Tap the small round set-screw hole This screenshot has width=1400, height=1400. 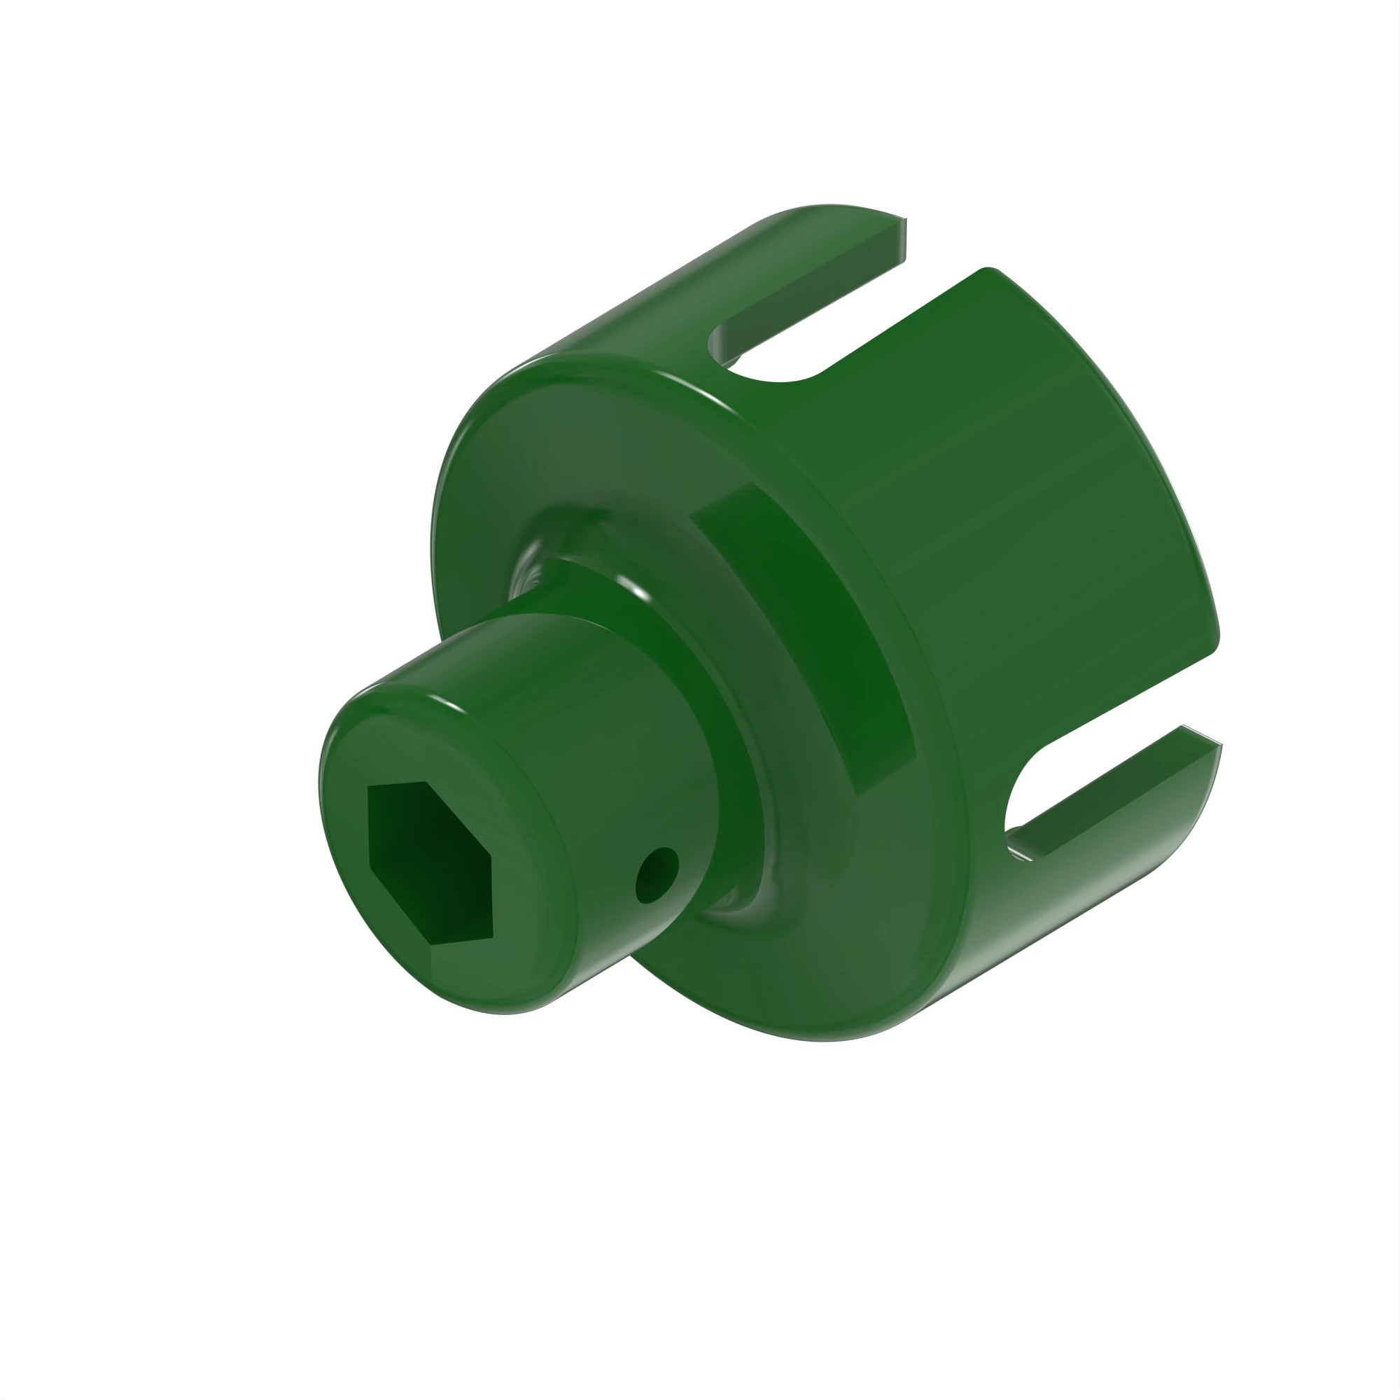(657, 874)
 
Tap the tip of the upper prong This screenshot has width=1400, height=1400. (902, 239)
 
